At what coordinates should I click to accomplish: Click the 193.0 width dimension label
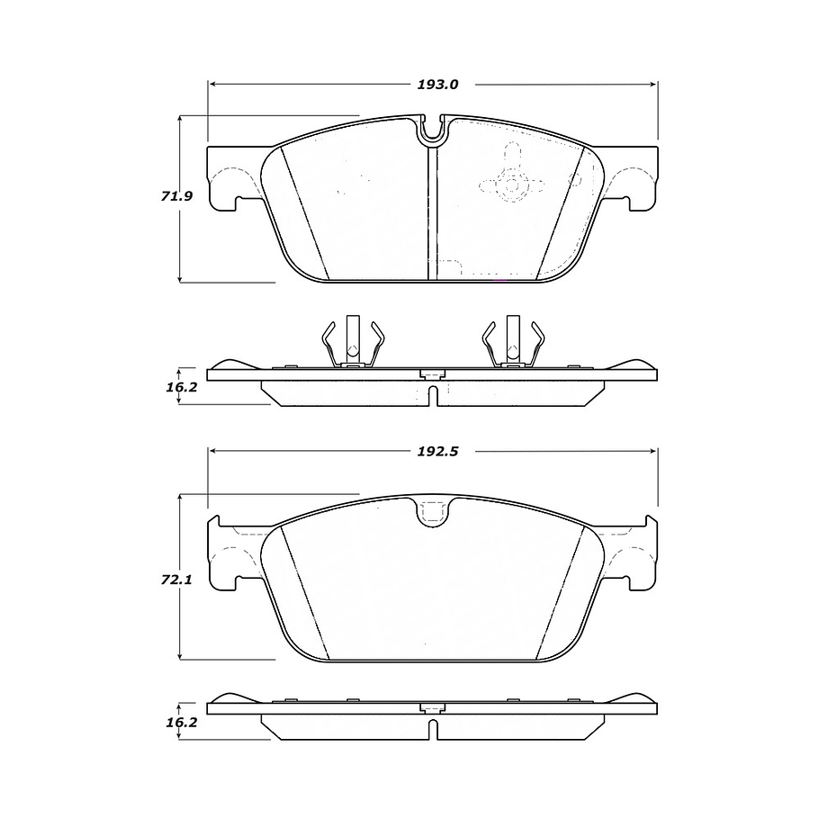437,85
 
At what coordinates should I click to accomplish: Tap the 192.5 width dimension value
437,451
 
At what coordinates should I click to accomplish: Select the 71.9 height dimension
176,196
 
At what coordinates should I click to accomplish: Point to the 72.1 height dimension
176,580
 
